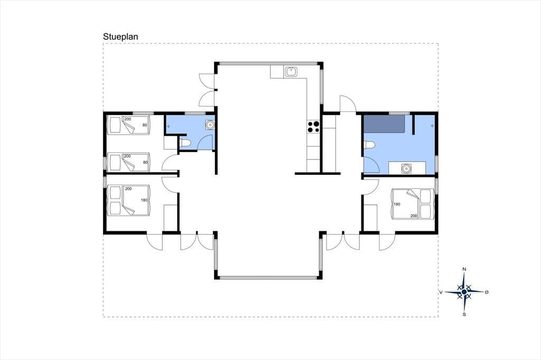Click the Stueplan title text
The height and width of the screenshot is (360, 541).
tap(120, 36)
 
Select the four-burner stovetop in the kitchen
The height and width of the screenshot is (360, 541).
tap(314, 127)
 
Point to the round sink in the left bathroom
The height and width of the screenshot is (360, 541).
tap(210, 125)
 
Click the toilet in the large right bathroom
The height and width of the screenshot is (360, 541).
tap(369, 146)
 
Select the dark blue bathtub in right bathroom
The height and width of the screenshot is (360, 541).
tap(385, 124)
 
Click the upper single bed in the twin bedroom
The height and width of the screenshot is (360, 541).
tap(129, 125)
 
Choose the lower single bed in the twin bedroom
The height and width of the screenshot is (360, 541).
tap(129, 162)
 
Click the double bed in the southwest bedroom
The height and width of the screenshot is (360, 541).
tap(129, 201)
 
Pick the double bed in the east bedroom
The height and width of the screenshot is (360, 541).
tap(412, 203)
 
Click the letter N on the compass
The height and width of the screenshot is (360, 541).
tap(464, 269)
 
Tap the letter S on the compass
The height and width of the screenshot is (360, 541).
tap(464, 315)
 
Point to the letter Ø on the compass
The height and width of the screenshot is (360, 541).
tap(487, 292)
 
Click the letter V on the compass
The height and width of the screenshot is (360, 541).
tap(441, 292)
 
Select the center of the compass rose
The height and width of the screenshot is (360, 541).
tap(464, 292)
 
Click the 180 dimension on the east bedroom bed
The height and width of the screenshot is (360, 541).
tap(397, 204)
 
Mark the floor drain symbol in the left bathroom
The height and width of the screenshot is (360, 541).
tap(169, 127)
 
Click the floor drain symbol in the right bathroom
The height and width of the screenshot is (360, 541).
tap(432, 126)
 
